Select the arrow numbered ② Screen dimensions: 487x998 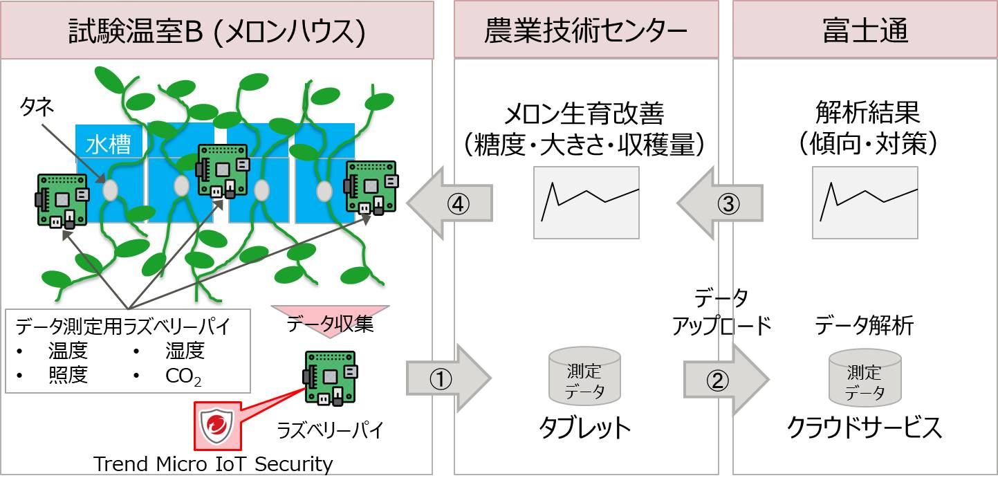[x=725, y=379]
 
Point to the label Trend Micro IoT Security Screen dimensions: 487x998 [x=213, y=463]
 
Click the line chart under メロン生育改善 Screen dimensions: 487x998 [x=586, y=203]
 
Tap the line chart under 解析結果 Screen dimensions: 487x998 [x=865, y=203]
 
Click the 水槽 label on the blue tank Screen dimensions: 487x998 [x=109, y=145]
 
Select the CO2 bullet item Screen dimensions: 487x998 [x=181, y=376]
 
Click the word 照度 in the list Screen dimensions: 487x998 [x=68, y=376]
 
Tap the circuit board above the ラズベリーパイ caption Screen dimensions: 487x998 [x=331, y=378]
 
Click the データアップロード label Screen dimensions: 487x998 [x=721, y=312]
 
